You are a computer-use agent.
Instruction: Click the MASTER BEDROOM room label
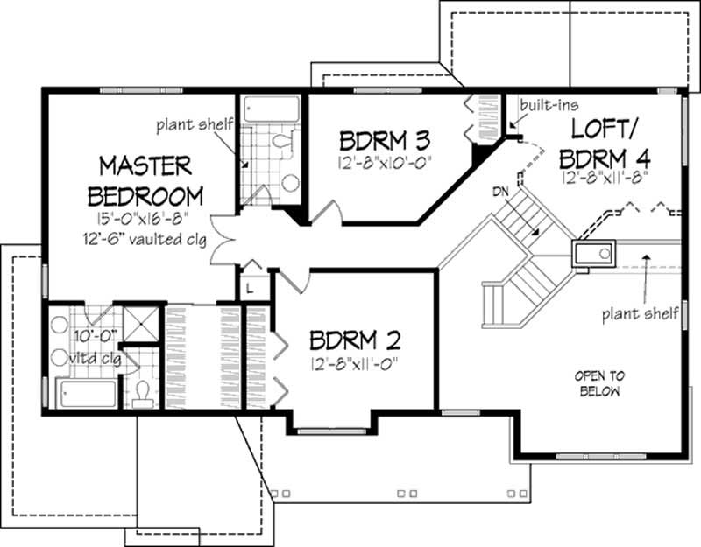151,179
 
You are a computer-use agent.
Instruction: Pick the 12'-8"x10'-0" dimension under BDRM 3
386,162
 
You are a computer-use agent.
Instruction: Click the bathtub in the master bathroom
86,393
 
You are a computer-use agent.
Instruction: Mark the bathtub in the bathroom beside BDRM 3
272,110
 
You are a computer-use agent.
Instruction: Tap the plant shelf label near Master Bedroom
195,125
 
